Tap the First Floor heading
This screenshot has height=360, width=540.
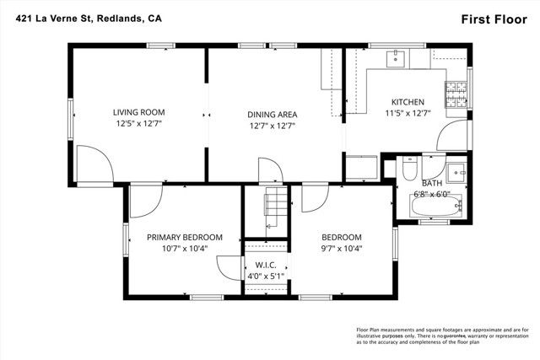pos(494,18)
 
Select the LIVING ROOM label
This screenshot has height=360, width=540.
pos(139,112)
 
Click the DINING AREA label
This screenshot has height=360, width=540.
pos(272,115)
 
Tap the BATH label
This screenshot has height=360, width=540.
pos(431,182)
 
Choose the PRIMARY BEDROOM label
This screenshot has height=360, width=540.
pos(184,238)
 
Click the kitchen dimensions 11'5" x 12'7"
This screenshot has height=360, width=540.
pos(408,112)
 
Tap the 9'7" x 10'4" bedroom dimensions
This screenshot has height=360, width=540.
pos(341,249)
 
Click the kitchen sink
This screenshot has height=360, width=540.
pos(396,58)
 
